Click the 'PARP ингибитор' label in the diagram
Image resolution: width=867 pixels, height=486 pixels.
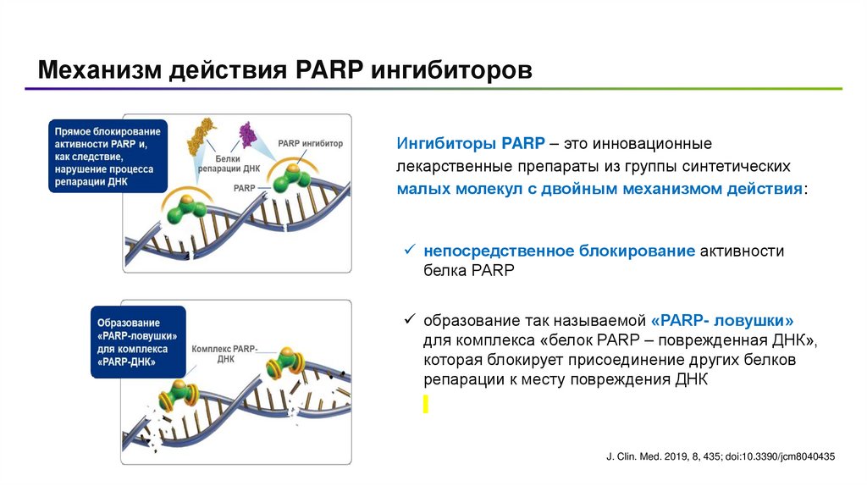[310, 143]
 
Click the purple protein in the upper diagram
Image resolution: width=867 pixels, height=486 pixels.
[248, 134]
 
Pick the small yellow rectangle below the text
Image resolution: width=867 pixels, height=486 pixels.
[426, 405]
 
